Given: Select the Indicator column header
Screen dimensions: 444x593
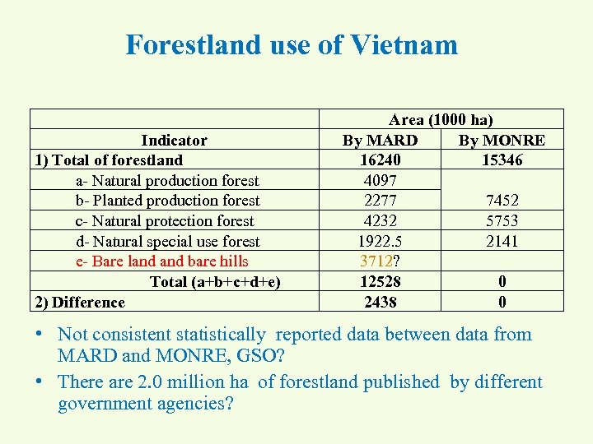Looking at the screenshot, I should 174,140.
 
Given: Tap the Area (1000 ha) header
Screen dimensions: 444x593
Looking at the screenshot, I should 441,120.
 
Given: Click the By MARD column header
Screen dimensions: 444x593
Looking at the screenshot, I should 380,140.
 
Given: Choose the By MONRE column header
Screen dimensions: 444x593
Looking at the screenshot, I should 502,140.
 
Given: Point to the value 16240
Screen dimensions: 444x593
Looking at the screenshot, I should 380,160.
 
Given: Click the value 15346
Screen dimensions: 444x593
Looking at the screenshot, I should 502,160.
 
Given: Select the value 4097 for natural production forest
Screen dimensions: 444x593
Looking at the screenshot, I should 380,180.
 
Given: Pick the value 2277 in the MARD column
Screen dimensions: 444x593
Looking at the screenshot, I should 380,201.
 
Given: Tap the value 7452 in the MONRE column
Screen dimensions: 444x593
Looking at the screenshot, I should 502,201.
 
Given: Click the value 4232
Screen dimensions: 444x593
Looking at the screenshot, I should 380,220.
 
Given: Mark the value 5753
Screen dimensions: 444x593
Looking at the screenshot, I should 502,220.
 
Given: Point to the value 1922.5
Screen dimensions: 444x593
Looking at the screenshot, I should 380,241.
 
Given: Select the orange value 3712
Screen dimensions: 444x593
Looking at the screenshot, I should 376,261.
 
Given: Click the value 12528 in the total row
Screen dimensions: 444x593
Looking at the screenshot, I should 380,281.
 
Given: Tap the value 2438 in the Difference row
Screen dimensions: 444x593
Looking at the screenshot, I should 380,302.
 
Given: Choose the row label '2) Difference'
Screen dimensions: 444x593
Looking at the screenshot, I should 80,302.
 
